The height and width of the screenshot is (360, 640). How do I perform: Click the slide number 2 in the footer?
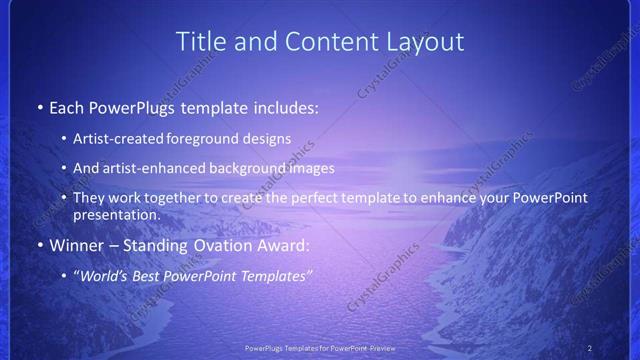[590, 348]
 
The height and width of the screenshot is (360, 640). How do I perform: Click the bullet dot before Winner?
[39, 245]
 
